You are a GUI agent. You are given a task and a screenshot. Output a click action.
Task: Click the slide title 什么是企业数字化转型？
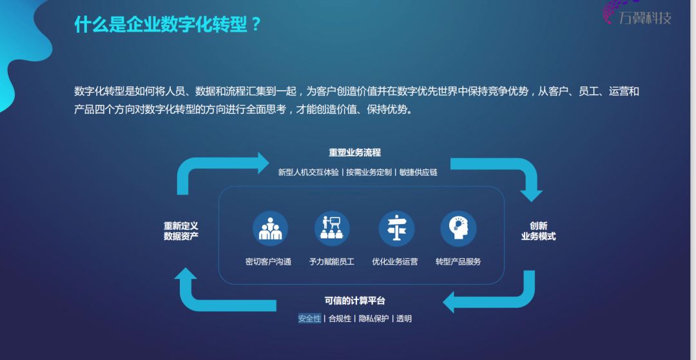pyautogui.click(x=168, y=25)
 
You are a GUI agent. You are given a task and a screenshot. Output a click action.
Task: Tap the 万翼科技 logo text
pyautogui.click(x=644, y=18)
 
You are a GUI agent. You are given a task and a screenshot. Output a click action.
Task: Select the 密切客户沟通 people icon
pyautogui.click(x=270, y=228)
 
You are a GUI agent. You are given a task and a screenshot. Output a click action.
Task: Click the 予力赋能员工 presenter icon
pyautogui.click(x=332, y=228)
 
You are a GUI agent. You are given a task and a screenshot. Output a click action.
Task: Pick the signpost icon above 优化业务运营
pyautogui.click(x=396, y=228)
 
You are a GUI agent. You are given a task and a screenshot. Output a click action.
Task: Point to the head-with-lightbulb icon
pyautogui.click(x=458, y=228)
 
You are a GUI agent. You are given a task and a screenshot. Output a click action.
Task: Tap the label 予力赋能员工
pyautogui.click(x=331, y=261)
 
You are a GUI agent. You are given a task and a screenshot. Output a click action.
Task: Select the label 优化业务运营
pyautogui.click(x=394, y=261)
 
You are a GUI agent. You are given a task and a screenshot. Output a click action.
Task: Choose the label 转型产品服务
pyautogui.click(x=458, y=261)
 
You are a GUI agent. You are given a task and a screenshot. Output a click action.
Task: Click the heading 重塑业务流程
pyautogui.click(x=354, y=153)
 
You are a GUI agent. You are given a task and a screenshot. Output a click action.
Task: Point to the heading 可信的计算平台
pyautogui.click(x=354, y=301)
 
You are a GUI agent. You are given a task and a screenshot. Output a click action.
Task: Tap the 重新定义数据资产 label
pyautogui.click(x=180, y=231)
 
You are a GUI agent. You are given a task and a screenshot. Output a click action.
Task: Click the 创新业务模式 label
pyautogui.click(x=538, y=231)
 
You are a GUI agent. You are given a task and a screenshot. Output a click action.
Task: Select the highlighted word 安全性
pyautogui.click(x=309, y=319)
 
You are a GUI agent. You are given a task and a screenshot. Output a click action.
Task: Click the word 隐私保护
pyautogui.click(x=374, y=319)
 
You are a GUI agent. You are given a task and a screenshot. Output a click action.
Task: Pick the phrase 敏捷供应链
pyautogui.click(x=418, y=173)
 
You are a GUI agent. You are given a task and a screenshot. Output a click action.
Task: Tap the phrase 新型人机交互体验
pyautogui.click(x=308, y=173)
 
